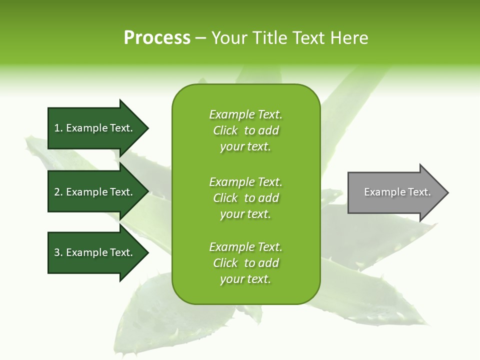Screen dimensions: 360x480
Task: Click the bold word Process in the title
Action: (157, 38)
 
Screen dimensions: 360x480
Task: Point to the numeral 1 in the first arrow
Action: (57, 128)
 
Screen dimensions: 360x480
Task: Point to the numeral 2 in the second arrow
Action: (57, 192)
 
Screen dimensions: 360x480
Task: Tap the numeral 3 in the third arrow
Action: (57, 252)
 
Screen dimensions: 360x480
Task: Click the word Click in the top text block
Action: (225, 130)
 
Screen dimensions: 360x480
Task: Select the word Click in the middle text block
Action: (225, 198)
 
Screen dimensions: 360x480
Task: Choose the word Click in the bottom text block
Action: (225, 263)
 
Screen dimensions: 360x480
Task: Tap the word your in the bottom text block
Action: (232, 279)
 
